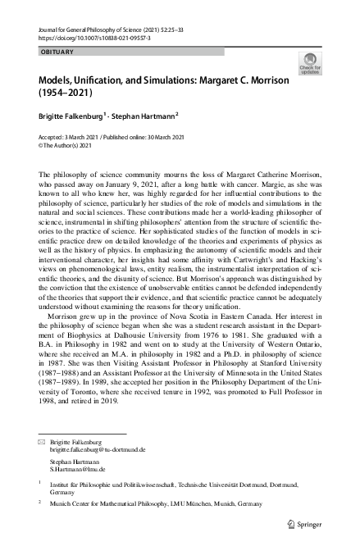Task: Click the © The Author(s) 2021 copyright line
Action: pyautogui.click(x=71, y=148)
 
